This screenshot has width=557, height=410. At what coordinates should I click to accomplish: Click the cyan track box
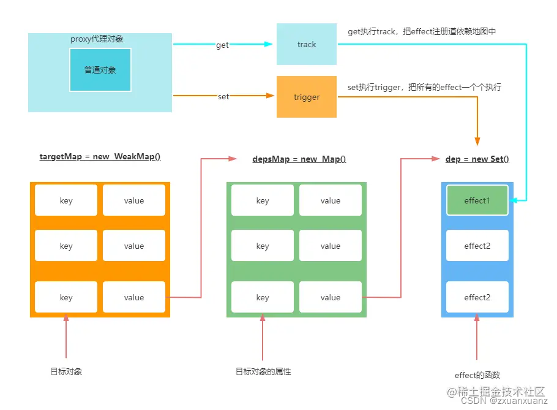306,44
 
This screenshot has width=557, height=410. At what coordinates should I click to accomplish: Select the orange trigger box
306,97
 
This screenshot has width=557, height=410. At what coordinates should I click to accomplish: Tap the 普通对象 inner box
100,70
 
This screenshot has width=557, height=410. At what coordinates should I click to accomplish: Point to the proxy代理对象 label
97,39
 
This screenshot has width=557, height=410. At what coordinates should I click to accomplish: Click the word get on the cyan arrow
222,45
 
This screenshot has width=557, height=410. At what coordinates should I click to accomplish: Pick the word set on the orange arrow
223,97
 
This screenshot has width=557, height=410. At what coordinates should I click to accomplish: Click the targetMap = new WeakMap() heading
100,157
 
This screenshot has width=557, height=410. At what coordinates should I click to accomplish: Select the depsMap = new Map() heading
299,159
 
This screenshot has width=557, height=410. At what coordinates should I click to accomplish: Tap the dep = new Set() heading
477,159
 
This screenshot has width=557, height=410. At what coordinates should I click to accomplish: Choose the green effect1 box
477,200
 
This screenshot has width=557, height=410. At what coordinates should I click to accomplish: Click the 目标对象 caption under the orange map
66,371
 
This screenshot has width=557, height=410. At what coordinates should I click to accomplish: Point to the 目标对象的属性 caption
263,371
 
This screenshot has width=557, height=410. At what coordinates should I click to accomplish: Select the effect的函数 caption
477,375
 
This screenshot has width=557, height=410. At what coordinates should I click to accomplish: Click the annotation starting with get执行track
421,31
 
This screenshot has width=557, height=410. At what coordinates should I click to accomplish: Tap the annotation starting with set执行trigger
424,88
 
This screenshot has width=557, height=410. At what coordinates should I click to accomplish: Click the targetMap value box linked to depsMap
133,297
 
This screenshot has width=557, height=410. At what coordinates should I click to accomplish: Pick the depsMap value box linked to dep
330,297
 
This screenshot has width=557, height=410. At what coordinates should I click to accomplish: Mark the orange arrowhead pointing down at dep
477,140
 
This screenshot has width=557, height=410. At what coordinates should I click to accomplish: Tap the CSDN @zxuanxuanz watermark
504,401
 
